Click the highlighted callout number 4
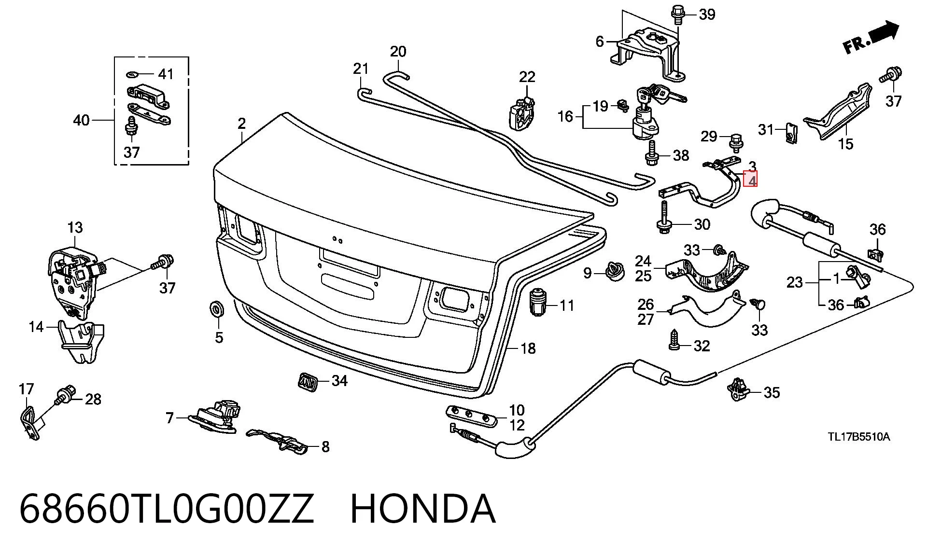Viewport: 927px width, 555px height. [x=751, y=180]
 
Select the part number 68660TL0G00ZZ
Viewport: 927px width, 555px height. [x=167, y=509]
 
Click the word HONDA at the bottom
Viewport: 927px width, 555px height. [x=423, y=509]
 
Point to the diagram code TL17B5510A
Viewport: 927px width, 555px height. [x=859, y=437]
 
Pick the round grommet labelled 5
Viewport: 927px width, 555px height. [x=215, y=308]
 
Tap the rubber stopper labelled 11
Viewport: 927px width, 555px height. [x=537, y=302]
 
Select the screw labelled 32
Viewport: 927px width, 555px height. [x=674, y=340]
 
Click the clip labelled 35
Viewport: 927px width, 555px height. [x=736, y=388]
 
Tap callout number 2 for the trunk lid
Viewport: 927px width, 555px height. [x=241, y=124]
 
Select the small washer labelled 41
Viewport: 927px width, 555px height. [x=133, y=74]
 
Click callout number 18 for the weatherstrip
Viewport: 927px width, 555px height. [x=528, y=348]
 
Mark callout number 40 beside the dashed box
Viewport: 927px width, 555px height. [x=81, y=120]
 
